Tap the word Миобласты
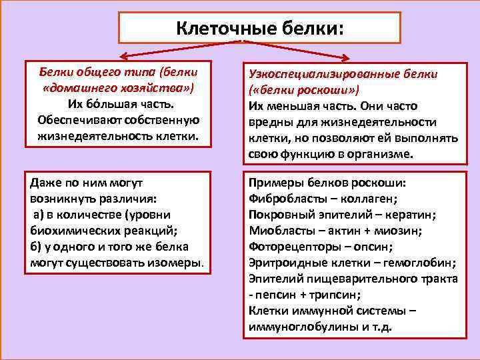click(x=279, y=231)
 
